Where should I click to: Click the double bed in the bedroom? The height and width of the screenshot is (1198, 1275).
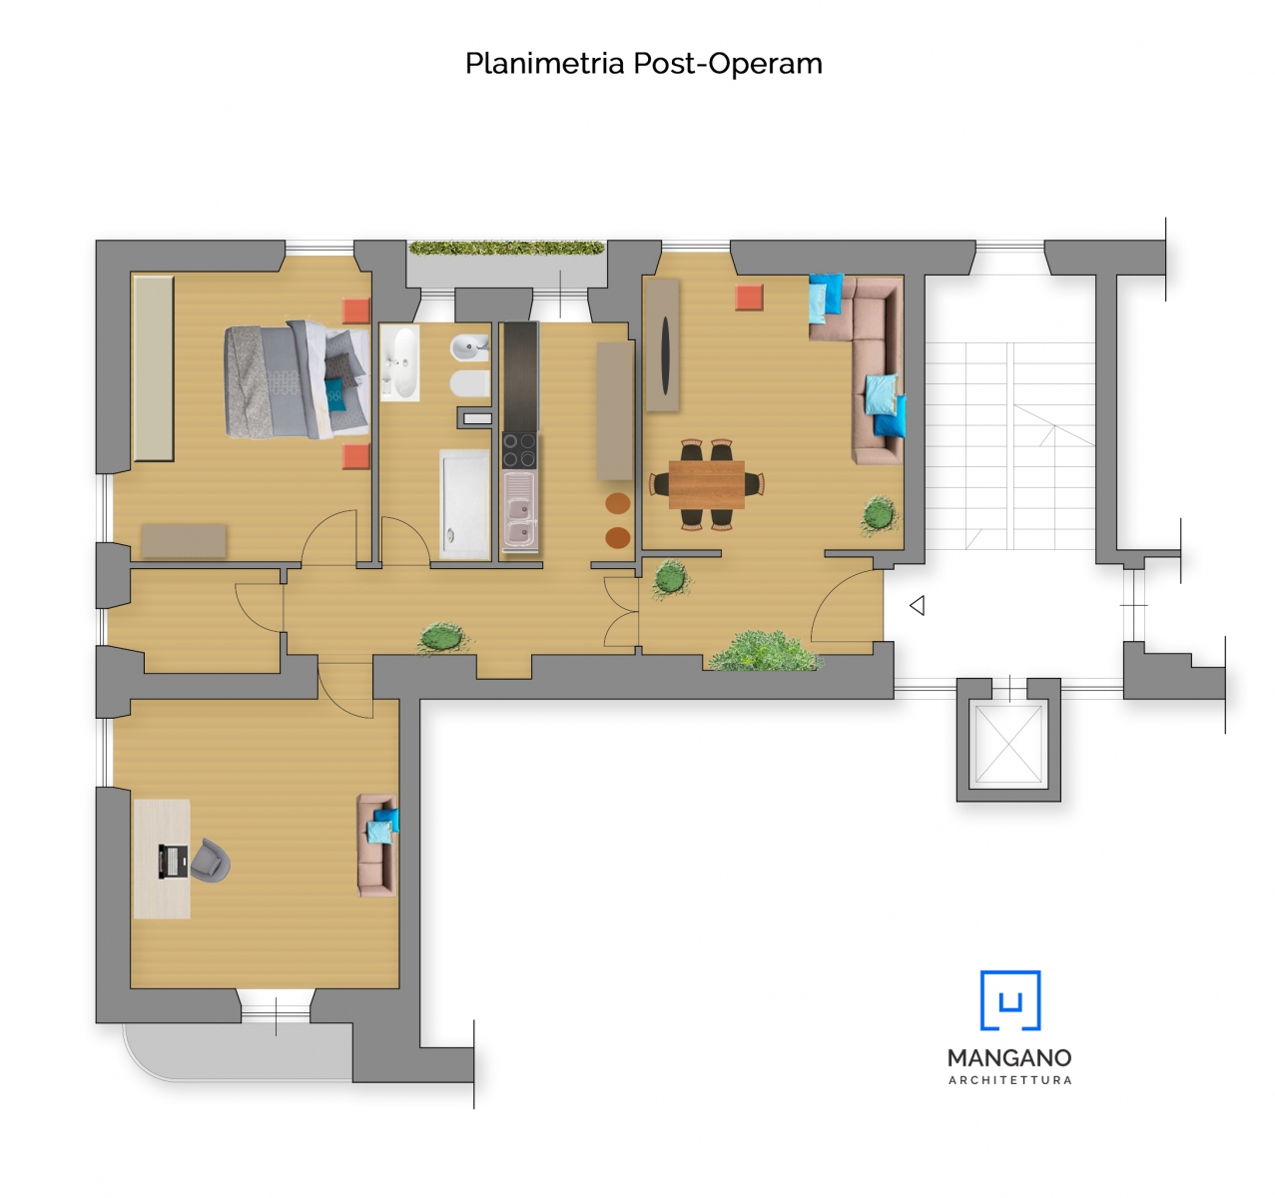coord(297,380)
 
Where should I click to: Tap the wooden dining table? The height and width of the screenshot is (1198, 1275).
coord(706,485)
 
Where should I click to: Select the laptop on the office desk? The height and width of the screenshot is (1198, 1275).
coord(172,862)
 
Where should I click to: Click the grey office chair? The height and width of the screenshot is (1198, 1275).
coord(210,860)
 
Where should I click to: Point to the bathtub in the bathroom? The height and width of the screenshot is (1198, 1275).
coord(464,504)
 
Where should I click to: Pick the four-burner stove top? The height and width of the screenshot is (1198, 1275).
coord(519,450)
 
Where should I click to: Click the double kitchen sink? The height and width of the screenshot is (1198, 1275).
coord(519,512)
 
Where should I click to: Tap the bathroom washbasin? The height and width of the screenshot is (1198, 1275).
coord(400,362)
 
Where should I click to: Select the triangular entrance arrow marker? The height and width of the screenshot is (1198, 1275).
coord(917,605)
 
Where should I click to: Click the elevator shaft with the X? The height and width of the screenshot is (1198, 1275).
coord(1008,744)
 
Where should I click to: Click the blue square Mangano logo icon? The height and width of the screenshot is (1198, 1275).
coord(1009,1000)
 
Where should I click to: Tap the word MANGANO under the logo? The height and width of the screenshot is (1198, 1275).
coord(1009,1058)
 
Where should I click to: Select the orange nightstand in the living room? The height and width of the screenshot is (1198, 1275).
coord(749,298)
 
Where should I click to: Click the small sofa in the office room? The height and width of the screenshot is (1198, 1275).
coord(376,845)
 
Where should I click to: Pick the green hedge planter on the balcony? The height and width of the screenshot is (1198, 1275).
coord(507,248)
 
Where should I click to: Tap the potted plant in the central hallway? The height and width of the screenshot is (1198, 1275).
coord(441,638)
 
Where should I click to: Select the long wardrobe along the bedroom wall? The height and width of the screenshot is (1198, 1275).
coord(154,368)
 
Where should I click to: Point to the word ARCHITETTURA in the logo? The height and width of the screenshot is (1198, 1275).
coord(1009,1080)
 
